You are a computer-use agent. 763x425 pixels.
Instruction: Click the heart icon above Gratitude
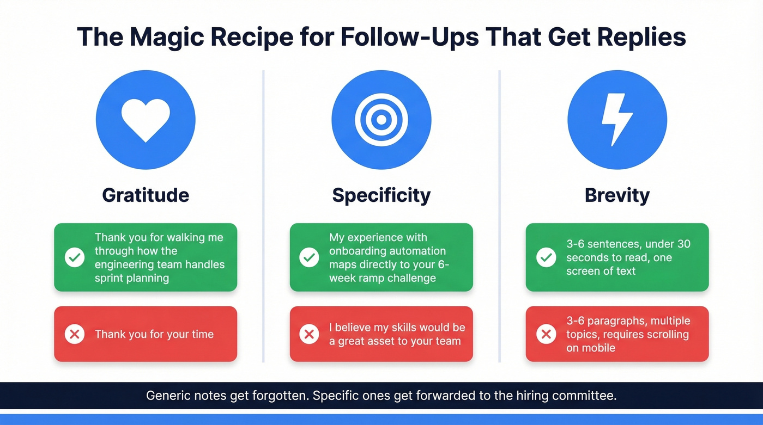146,120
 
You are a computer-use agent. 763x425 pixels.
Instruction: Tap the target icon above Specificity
381,120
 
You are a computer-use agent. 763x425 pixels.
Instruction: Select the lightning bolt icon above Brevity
617,120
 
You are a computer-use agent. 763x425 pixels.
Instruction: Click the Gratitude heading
146,195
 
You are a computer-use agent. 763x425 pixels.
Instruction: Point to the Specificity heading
381,195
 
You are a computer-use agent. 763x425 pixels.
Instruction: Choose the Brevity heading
617,195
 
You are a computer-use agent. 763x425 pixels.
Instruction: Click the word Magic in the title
169,37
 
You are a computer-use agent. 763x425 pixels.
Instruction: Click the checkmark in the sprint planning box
75,257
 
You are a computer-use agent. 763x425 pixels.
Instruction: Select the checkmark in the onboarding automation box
309,257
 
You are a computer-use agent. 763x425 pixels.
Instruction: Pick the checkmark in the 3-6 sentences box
546,257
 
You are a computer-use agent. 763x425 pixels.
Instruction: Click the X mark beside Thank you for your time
75,334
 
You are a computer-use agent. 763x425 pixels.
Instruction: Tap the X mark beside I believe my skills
309,334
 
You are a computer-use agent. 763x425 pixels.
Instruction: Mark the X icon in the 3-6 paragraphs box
546,334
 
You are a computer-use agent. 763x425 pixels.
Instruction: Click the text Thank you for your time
154,334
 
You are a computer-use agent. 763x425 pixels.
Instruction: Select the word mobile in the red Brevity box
598,348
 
